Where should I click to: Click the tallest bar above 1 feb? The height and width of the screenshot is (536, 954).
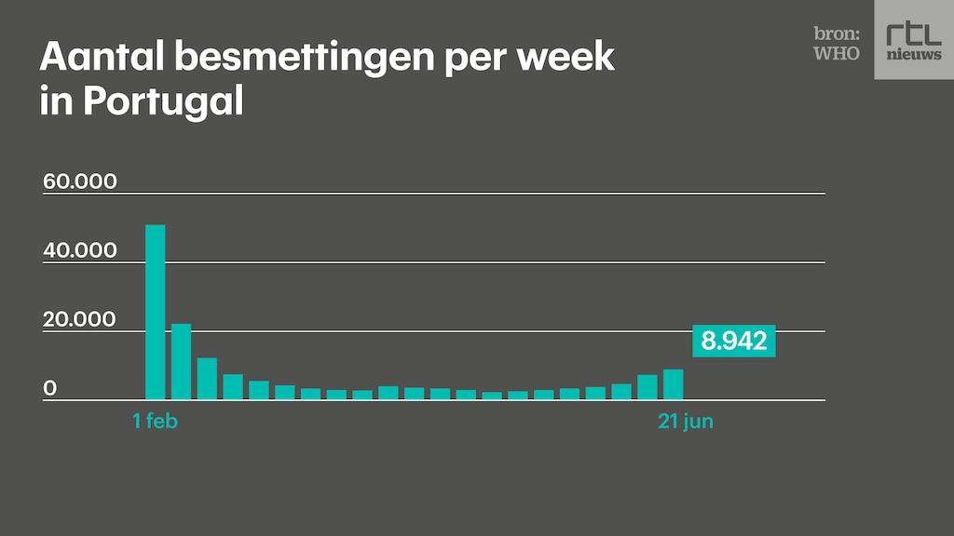coord(156,312)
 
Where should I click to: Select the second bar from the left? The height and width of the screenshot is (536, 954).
coord(181,362)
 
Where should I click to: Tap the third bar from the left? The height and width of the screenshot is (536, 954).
coord(207,379)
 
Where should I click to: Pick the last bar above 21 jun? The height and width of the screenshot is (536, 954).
coord(673,384)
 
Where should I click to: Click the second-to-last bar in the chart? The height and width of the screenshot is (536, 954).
coord(647,387)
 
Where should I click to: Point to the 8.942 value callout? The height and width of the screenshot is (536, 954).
coord(734,341)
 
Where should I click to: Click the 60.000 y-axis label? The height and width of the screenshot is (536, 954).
coord(80,181)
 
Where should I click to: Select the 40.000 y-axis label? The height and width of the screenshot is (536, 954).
coord(80,250)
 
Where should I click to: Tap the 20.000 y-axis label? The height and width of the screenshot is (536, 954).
coord(80,319)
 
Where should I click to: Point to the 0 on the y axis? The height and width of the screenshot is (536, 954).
coord(50,388)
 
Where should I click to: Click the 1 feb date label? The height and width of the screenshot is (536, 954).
coord(155,422)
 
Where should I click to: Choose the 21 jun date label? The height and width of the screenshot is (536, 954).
coord(686,422)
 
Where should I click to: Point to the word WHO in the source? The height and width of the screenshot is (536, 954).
coord(837,53)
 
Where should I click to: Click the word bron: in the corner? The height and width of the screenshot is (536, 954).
coord(837,33)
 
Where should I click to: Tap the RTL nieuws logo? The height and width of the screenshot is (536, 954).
coord(913,39)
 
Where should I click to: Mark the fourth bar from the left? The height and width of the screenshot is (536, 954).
coord(233,387)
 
